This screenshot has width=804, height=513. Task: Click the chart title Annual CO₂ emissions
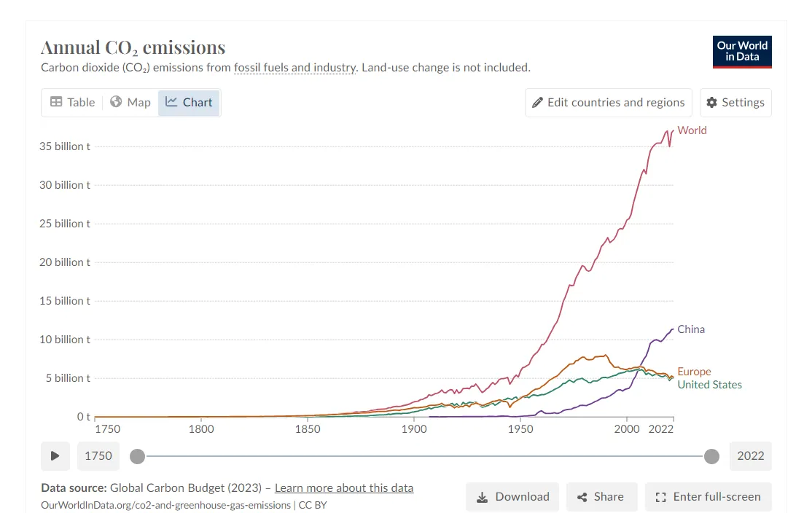(x=133, y=48)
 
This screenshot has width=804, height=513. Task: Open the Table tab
(x=72, y=102)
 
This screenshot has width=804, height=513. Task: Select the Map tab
(x=130, y=102)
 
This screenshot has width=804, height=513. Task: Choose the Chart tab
(x=190, y=102)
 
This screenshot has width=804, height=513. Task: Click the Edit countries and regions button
(x=608, y=102)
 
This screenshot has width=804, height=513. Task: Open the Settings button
(x=735, y=102)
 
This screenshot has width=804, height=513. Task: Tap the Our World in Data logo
(x=742, y=52)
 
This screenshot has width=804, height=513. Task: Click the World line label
(x=692, y=130)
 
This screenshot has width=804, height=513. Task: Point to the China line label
(x=691, y=329)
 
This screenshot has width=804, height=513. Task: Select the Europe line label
(x=694, y=372)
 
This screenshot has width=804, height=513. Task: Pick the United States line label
(x=709, y=385)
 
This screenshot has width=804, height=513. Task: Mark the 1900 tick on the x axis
(x=414, y=429)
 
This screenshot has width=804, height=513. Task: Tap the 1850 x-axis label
(x=308, y=429)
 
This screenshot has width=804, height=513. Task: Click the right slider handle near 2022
(x=712, y=456)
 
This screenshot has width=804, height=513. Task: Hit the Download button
(x=512, y=497)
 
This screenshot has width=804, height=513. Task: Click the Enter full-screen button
(x=708, y=497)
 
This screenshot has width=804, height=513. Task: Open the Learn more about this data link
(x=344, y=488)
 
